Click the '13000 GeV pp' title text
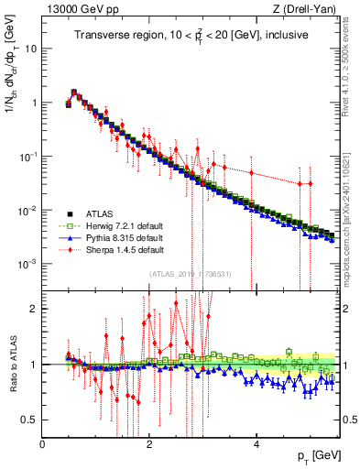(x=81, y=9)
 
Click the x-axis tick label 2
(x=149, y=443)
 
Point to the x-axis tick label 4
(x=256, y=443)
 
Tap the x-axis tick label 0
(x=43, y=443)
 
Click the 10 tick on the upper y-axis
(x=30, y=49)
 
